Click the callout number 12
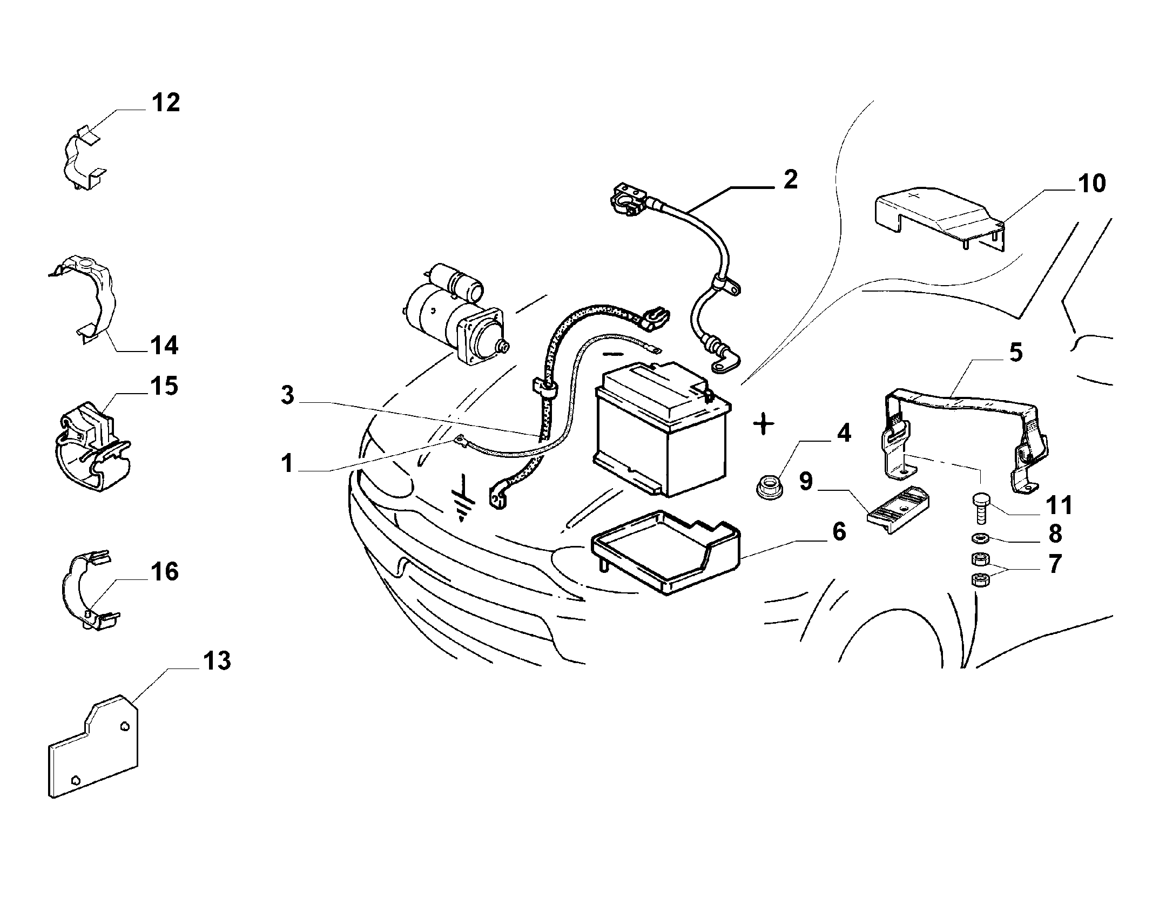click(165, 103)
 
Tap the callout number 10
click(1091, 184)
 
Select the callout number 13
click(217, 661)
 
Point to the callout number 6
click(839, 532)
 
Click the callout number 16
click(165, 572)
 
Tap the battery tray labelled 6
click(665, 552)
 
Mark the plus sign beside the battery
click(763, 425)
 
